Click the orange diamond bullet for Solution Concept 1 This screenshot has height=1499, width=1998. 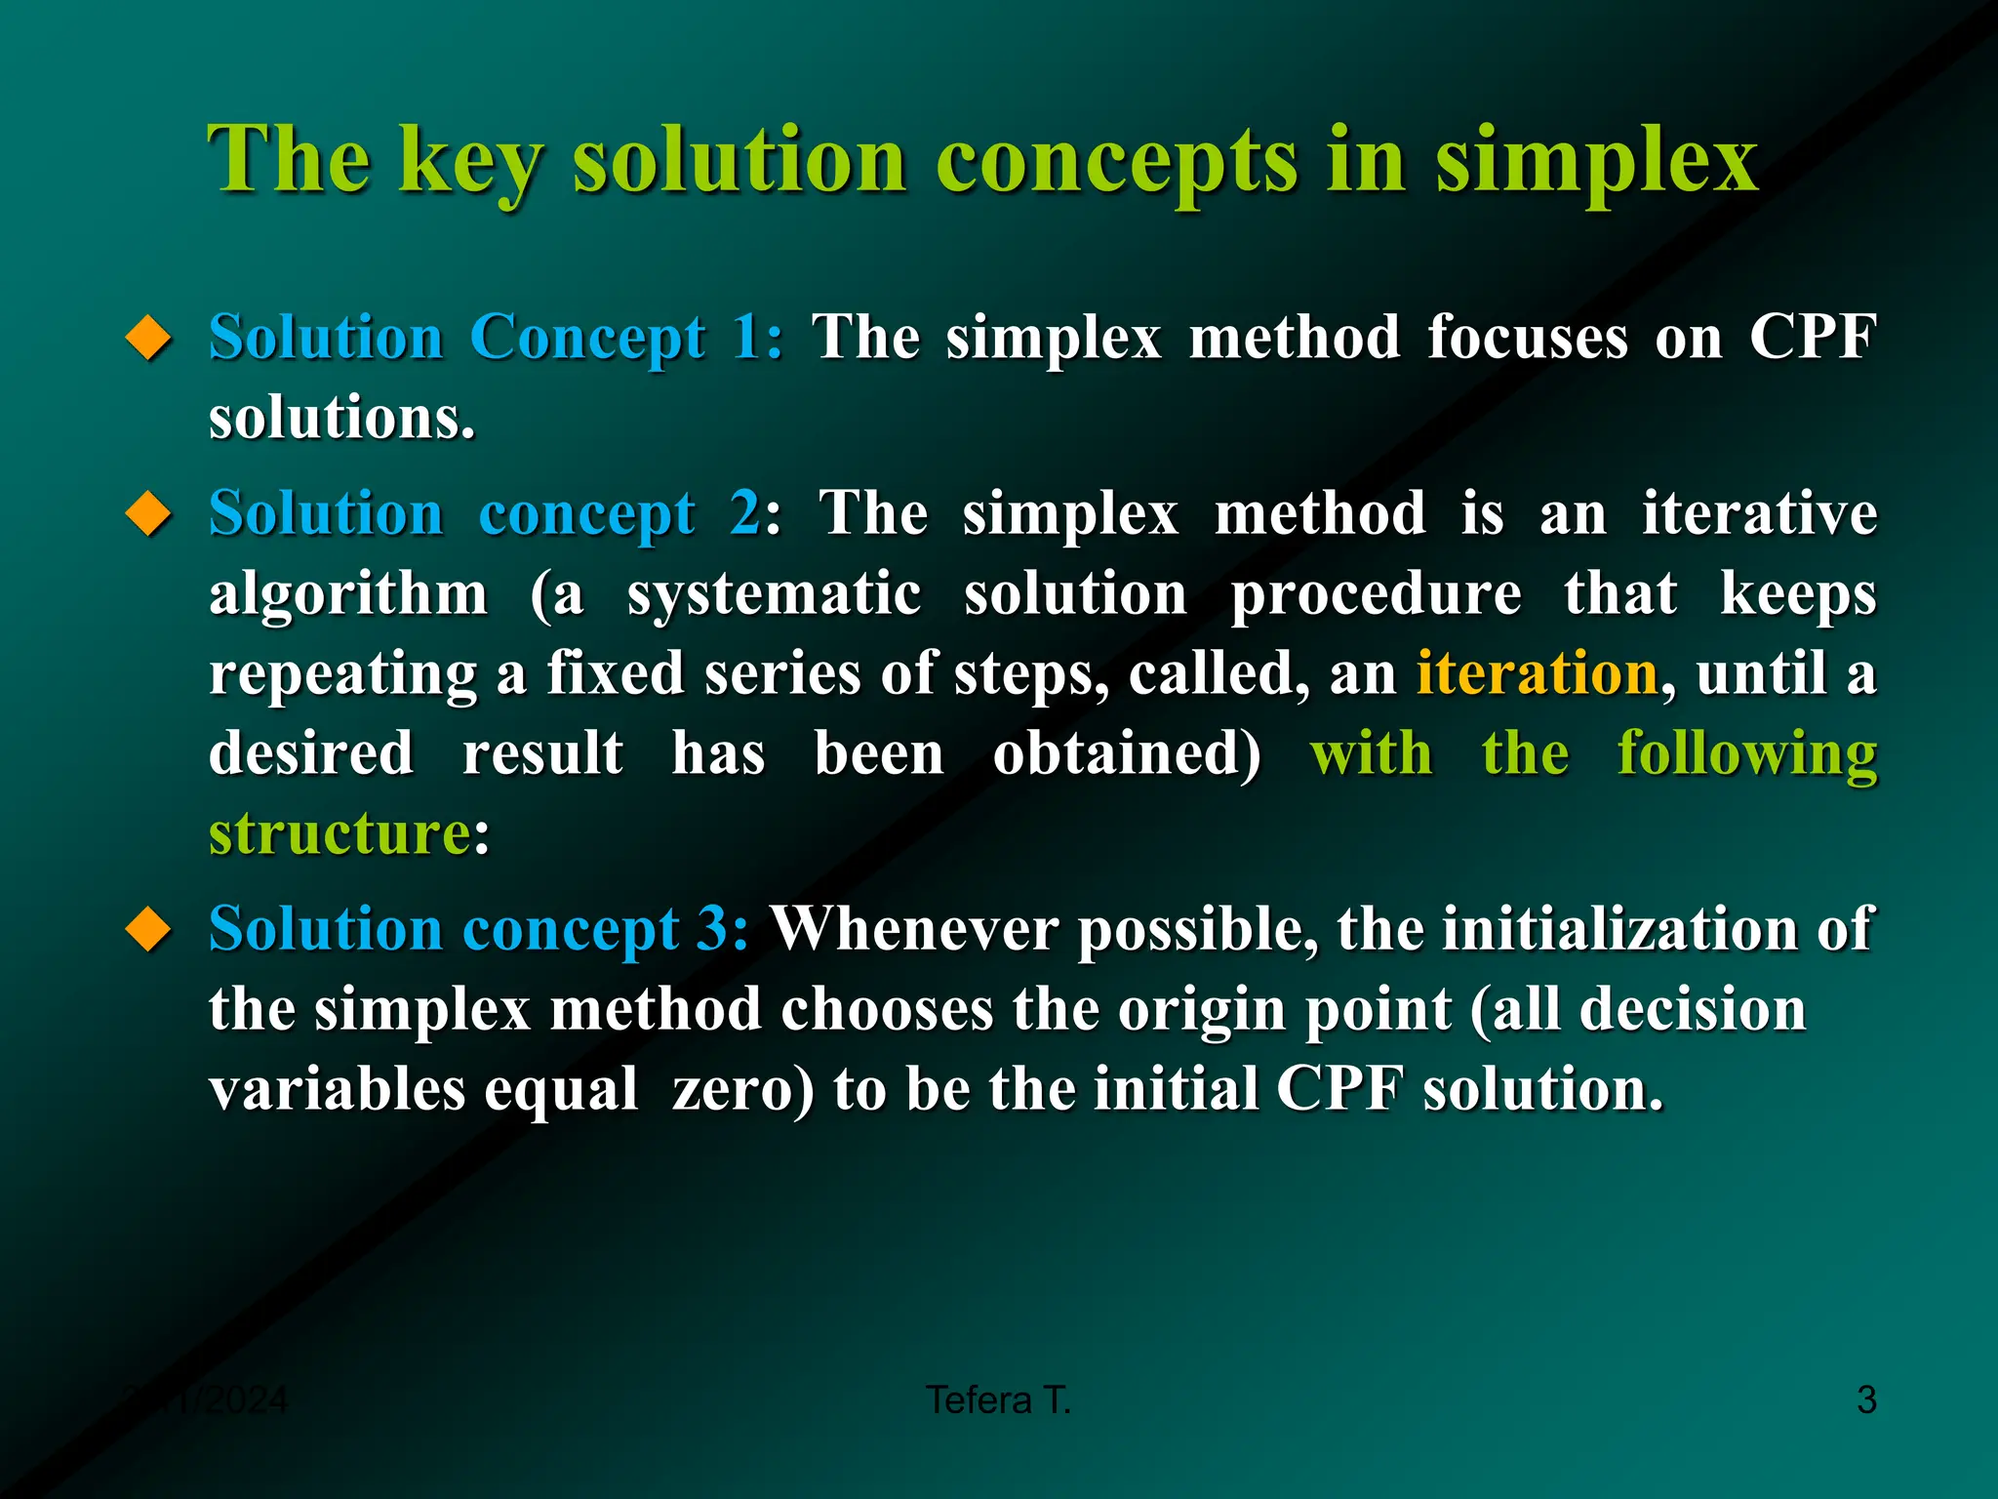click(148, 339)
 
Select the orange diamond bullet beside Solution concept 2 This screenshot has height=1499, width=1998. click(148, 514)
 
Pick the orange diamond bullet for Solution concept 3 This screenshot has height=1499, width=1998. click(148, 929)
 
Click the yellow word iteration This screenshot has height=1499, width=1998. click(1537, 673)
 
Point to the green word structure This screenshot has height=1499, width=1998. click(340, 835)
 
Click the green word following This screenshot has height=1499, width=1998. click(1746, 754)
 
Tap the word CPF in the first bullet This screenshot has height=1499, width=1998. click(1813, 338)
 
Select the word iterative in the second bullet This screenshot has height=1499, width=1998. click(1759, 513)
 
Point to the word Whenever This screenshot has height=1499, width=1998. click(915, 928)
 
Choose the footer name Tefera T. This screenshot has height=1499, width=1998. click(998, 1400)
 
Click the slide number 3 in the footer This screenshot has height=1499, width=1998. click(1866, 1400)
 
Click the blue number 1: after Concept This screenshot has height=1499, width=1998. click(758, 338)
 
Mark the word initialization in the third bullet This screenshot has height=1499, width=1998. click(1620, 928)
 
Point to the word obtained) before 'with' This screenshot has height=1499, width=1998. click(1127, 754)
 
